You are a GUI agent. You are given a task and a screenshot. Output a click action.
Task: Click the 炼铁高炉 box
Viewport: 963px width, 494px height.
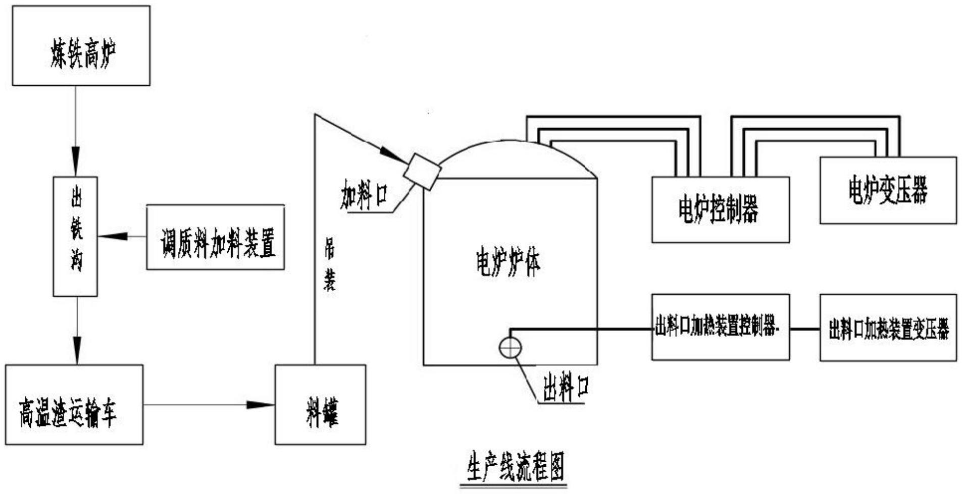[81, 45]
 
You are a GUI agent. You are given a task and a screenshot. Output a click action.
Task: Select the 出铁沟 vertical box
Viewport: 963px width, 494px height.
[75, 236]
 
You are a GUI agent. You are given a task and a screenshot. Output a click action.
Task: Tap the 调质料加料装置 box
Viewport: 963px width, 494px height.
[216, 237]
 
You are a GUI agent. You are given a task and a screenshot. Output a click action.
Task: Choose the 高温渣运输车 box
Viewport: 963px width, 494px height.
[74, 405]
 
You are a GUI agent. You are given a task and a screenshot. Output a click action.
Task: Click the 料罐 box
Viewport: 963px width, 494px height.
[320, 405]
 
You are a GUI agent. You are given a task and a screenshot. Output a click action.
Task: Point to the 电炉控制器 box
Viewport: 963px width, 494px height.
[720, 209]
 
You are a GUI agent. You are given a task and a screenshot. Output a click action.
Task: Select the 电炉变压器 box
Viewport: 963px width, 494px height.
[888, 190]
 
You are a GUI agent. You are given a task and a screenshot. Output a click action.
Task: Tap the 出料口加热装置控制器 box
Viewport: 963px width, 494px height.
[720, 327]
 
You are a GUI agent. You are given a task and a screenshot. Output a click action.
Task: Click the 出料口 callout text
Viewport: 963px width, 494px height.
[566, 388]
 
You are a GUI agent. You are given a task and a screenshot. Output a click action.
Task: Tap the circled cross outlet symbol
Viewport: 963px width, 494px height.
[510, 348]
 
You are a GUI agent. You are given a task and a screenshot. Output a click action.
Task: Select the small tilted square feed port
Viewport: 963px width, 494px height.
[422, 171]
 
